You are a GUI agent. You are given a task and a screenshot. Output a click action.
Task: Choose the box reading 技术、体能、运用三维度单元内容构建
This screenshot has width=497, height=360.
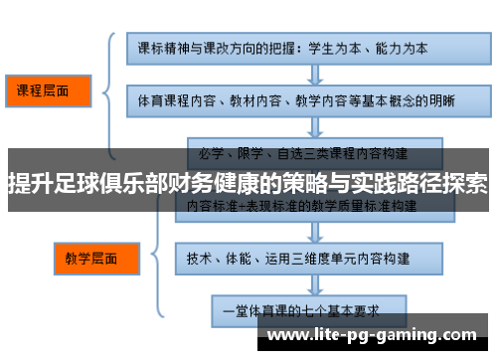pos(308,258)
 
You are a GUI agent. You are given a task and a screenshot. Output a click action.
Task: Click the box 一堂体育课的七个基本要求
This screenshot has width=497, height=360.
pos(308,309)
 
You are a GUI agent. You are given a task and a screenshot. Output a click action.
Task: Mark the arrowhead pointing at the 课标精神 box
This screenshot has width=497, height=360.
pos(120,47)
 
